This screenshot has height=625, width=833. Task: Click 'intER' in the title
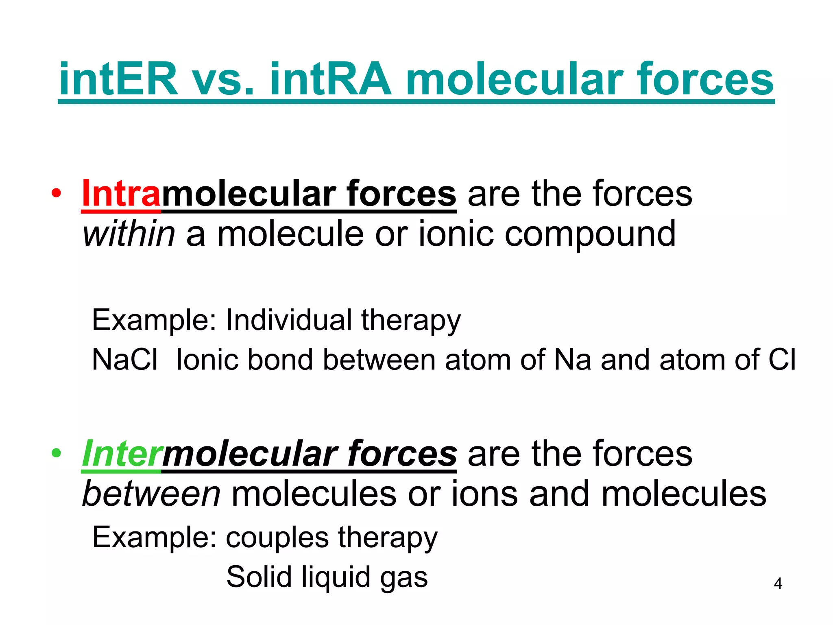(x=118, y=79)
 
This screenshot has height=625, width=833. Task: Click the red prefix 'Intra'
(x=121, y=194)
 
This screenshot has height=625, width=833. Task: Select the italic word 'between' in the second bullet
(x=151, y=494)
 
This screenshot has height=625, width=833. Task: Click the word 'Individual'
(x=288, y=320)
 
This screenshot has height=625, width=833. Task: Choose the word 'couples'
(x=277, y=538)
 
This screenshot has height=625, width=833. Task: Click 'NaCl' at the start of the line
(x=124, y=360)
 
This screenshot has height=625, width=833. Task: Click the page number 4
(x=778, y=583)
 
